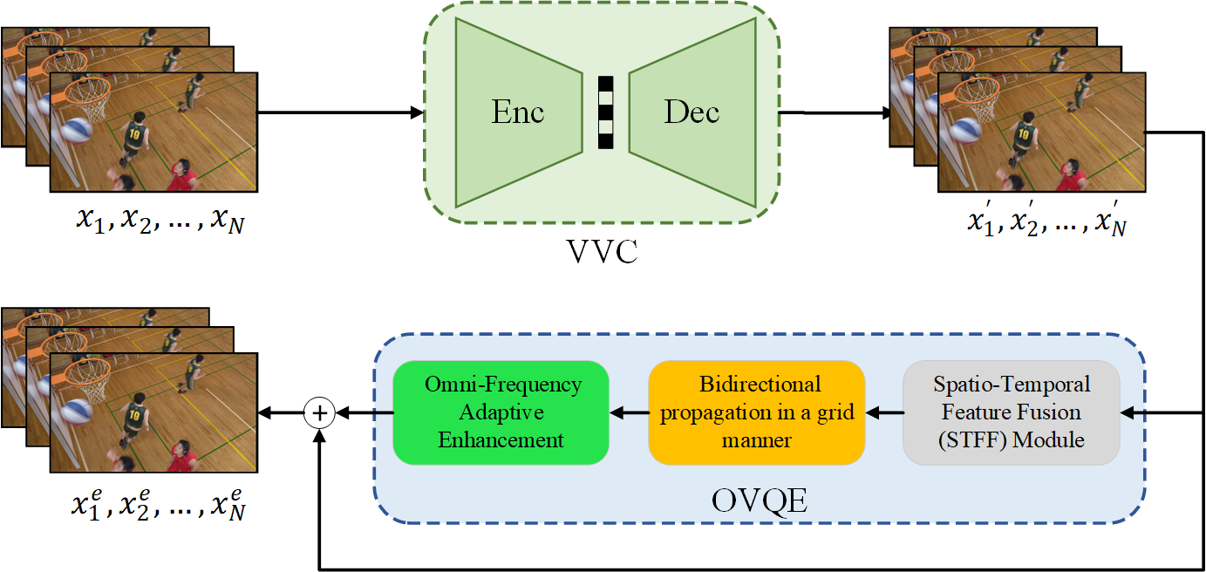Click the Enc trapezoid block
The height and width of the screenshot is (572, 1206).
(518, 112)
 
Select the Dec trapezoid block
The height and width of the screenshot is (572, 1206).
(692, 112)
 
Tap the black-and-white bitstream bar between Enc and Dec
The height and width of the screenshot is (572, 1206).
(605, 112)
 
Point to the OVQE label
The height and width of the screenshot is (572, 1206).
(759, 500)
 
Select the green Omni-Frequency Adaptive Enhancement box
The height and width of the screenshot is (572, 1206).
(501, 412)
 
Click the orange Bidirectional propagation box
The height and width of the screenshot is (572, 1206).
(756, 412)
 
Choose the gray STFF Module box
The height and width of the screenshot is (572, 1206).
(1011, 412)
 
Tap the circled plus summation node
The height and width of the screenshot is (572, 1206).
(321, 412)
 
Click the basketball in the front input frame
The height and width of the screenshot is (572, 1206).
(77, 132)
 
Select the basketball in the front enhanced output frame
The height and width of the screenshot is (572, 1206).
(77, 412)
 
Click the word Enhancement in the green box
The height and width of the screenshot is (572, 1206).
(501, 440)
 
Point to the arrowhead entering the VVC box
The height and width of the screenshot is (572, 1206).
(416, 112)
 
